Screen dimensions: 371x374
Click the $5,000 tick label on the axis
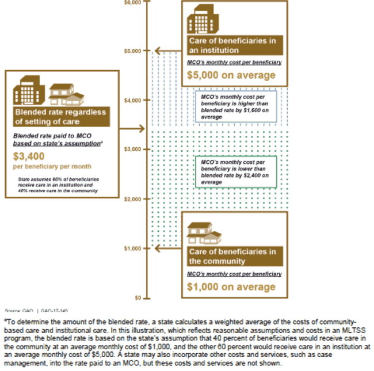pos(132,51)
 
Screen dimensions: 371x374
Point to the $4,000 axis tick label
pos(132,101)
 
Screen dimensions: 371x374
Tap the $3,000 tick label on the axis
pos(132,150)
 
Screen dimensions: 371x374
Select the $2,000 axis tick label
pos(132,199)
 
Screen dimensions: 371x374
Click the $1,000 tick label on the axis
pos(132,248)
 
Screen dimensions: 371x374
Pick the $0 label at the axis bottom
pos(137,298)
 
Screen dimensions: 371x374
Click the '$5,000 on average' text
pos(231,75)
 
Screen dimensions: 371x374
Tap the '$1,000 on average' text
pos(231,287)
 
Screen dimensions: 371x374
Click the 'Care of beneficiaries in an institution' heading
pos(232,45)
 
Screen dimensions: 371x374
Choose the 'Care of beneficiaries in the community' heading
pos(232,257)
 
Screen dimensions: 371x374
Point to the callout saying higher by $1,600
pos(236,106)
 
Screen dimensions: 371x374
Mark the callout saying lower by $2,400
pos(236,171)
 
